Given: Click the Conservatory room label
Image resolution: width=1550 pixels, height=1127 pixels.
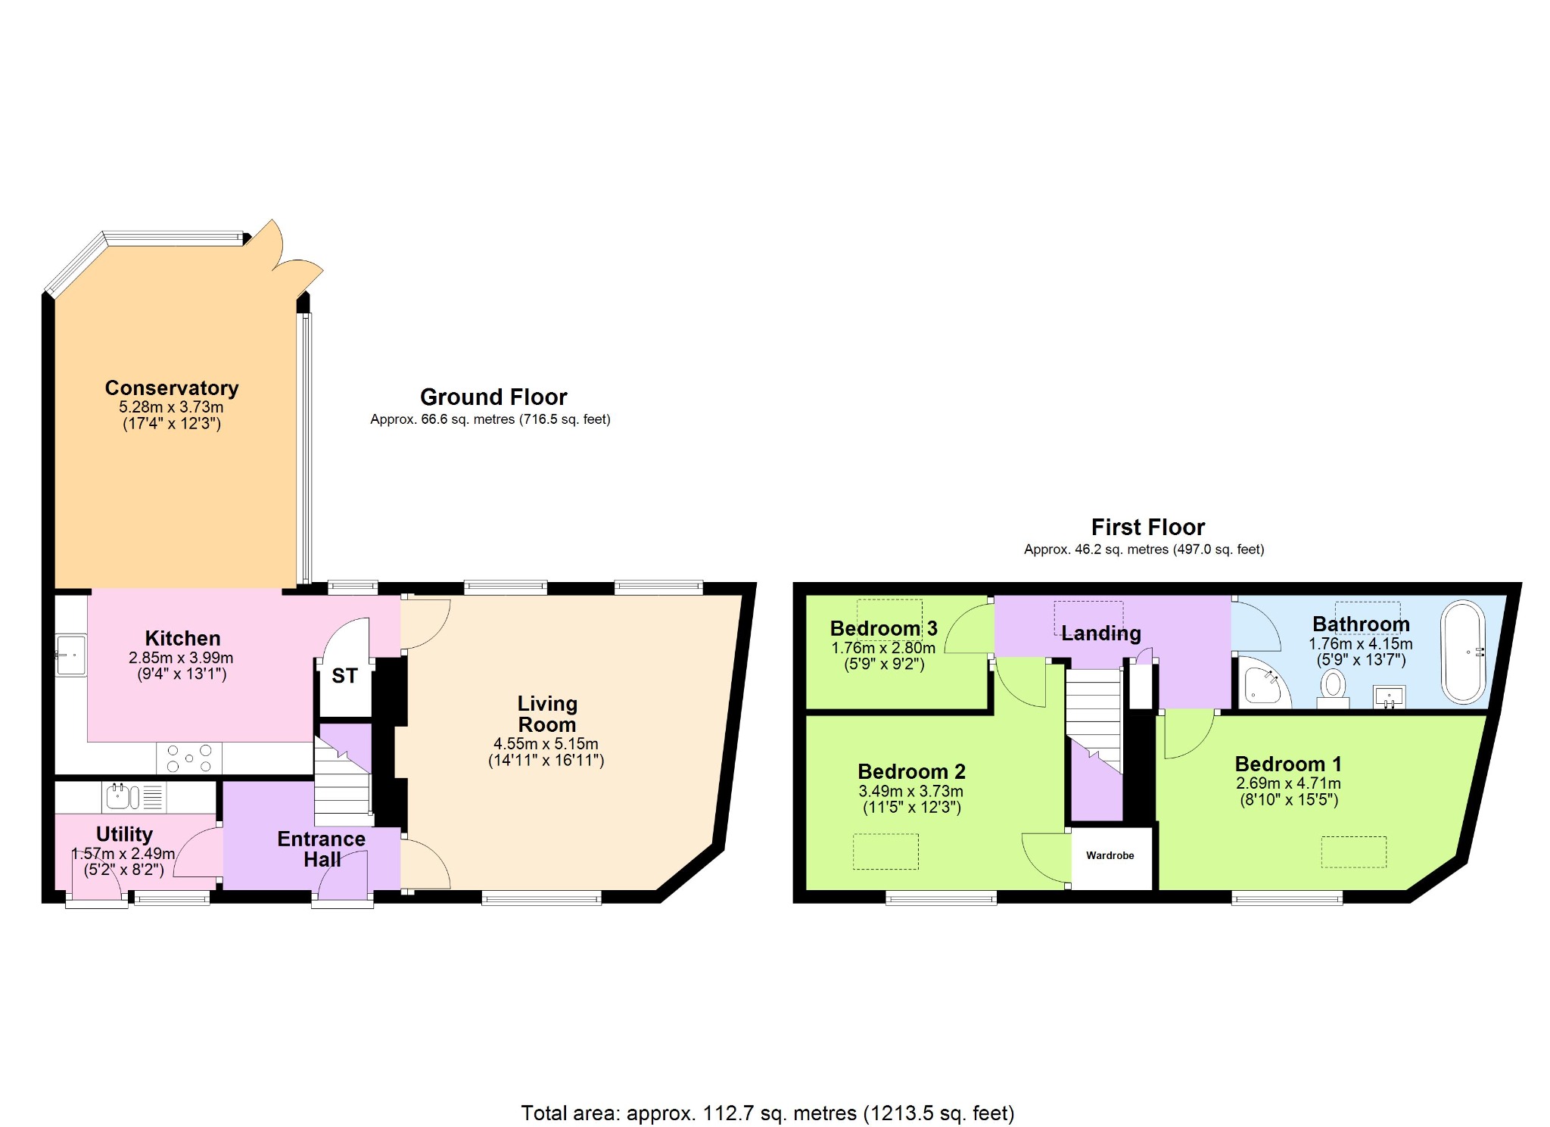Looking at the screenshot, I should [x=172, y=388].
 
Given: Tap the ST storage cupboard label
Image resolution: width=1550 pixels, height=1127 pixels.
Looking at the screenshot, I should [x=344, y=676].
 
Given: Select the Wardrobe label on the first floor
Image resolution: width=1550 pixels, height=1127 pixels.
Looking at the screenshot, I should [x=1110, y=856].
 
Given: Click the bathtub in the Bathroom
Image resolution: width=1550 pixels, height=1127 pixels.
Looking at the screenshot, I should [x=1463, y=652].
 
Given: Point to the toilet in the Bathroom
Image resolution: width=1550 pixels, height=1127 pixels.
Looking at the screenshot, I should [x=1333, y=688].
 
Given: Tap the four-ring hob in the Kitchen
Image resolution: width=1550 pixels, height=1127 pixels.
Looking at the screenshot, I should [x=189, y=758].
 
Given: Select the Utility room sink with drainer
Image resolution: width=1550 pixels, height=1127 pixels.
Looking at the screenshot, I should [x=132, y=797].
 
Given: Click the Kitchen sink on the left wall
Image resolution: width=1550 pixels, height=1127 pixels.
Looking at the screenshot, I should [x=71, y=655].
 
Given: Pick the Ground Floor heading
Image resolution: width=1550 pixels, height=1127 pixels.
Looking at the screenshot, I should [x=493, y=397].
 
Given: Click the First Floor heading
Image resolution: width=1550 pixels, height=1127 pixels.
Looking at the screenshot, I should [x=1147, y=528].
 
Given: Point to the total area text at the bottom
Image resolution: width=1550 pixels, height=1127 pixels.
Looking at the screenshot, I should [x=767, y=1113].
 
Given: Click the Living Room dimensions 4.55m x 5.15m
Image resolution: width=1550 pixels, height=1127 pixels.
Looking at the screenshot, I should [x=546, y=744].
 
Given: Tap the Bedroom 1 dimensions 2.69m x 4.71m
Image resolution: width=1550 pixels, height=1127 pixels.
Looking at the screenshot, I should [x=1288, y=783].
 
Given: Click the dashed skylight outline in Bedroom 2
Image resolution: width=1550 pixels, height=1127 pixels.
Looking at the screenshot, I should [x=885, y=851].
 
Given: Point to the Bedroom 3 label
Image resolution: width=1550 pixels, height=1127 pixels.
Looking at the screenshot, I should [x=883, y=629].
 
